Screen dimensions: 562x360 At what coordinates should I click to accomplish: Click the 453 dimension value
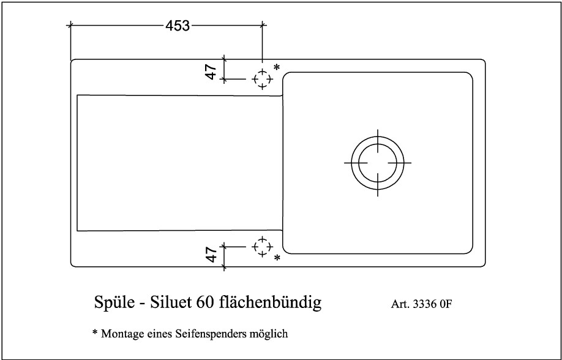pos(178,26)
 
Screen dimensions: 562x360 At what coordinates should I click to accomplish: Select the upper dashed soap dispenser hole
pos(263,79)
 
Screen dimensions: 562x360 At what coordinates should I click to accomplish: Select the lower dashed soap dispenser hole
pos(263,247)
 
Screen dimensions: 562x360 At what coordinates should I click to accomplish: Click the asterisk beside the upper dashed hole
pos(276,67)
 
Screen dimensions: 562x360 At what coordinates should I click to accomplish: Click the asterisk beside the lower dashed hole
pos(277,258)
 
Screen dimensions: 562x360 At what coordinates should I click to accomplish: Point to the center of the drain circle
pos(378,162)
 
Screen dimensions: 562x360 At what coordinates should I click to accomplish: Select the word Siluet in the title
pos(170,302)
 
